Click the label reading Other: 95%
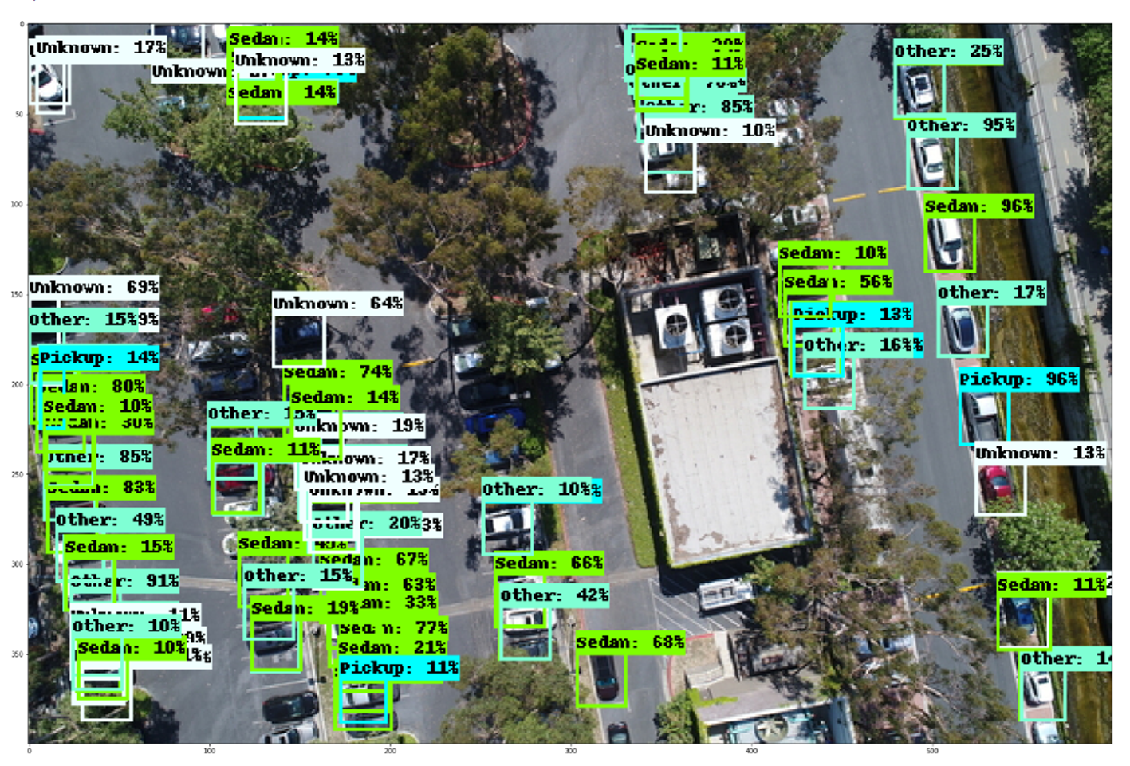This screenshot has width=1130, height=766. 961,125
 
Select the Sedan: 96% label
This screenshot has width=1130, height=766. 978,206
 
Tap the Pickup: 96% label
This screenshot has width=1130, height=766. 1018,379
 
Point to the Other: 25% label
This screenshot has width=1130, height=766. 947,51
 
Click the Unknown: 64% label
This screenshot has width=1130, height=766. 337,303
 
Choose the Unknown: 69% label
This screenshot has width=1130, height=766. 93,287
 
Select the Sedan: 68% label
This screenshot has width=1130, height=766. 630,642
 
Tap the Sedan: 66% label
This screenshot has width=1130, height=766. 549,564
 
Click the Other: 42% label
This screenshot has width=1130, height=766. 554,595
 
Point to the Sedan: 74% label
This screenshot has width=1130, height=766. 337,371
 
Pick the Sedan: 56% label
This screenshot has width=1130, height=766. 837,282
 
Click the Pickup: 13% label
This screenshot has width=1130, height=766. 852,314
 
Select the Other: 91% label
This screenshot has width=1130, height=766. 124,581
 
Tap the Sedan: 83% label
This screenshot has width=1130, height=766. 100,487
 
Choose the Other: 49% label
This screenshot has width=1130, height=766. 109,520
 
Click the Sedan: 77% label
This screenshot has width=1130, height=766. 392,627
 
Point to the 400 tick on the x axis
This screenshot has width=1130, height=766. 751,750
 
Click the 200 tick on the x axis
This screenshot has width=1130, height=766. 390,750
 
